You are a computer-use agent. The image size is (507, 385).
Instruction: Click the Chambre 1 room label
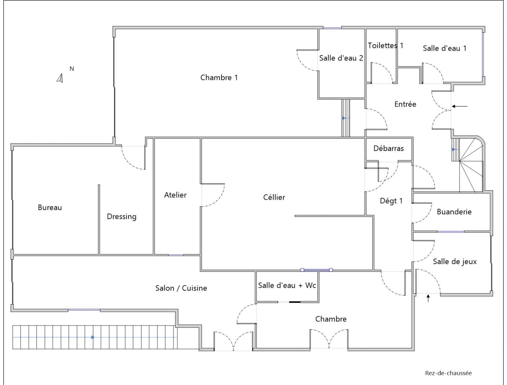coord(219,77)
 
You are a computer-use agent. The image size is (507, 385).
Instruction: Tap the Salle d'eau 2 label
coord(341,58)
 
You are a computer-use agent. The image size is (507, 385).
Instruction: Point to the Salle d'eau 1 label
coord(445,48)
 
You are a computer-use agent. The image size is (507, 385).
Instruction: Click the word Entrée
coord(405,104)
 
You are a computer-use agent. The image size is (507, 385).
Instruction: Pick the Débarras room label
coord(388,148)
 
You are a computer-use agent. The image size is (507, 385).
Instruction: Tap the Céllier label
coord(274,197)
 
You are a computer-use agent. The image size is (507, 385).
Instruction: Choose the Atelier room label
coord(175,195)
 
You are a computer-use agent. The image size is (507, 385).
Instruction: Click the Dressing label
coord(122,217)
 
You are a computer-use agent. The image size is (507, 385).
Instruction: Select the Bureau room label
coord(50,207)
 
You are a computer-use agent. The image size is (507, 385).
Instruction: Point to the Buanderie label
coord(454,212)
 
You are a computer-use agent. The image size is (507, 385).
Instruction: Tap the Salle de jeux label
coord(455,261)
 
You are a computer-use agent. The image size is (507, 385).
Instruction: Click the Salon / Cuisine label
coord(181,288)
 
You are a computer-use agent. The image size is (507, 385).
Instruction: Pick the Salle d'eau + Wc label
coord(287,286)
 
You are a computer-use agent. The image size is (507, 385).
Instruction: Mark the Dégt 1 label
coord(391,201)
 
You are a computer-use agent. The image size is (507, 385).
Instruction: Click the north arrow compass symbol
coord(60,78)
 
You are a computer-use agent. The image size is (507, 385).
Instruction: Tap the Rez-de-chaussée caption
coord(448,373)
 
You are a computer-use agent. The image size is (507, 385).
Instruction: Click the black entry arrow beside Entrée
coord(460,106)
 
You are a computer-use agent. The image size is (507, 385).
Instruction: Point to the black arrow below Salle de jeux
coord(428,298)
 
